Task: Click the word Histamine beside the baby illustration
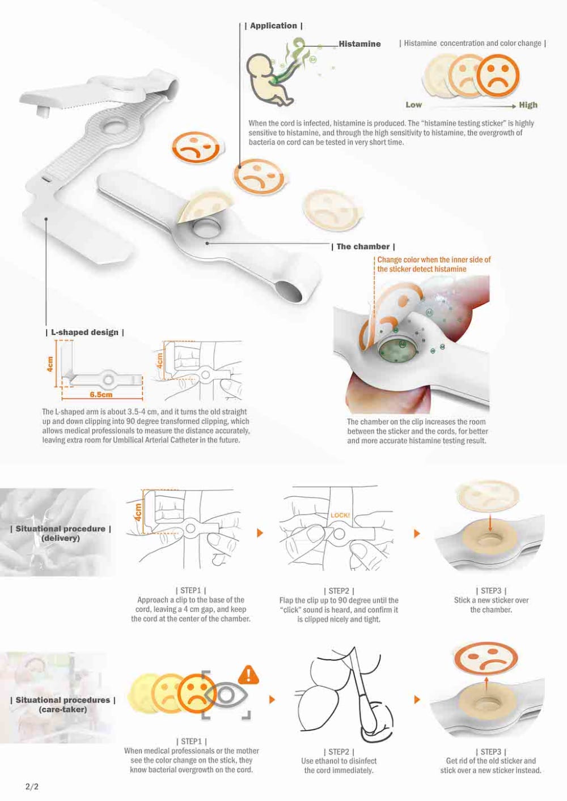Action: (x=359, y=44)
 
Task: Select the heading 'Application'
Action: (x=273, y=25)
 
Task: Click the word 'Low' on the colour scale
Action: (x=413, y=105)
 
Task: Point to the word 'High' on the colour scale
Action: (x=528, y=105)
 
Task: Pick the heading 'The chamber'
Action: (x=363, y=246)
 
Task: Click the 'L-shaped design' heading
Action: (x=85, y=332)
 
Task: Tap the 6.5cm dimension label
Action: (x=101, y=394)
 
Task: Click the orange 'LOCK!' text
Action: (x=340, y=515)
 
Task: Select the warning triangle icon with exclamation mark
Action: (x=248, y=675)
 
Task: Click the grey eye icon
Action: (x=226, y=695)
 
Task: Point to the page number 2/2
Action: (x=32, y=786)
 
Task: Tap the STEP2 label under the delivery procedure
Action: (x=338, y=591)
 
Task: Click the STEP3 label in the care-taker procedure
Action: (x=491, y=752)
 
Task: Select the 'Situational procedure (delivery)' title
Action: (x=61, y=533)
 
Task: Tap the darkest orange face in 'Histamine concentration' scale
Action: (x=498, y=75)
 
